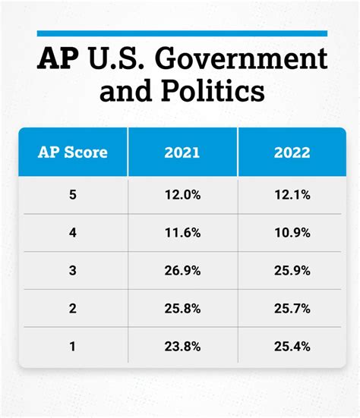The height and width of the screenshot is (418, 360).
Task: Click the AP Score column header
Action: click(73, 152)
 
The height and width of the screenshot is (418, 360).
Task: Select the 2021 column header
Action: click(182, 152)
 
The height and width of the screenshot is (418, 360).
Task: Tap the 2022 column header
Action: click(292, 152)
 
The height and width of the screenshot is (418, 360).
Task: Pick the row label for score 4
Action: click(73, 234)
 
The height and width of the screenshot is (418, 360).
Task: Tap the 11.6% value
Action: click(182, 234)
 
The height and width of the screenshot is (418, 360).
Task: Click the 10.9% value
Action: click(292, 234)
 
